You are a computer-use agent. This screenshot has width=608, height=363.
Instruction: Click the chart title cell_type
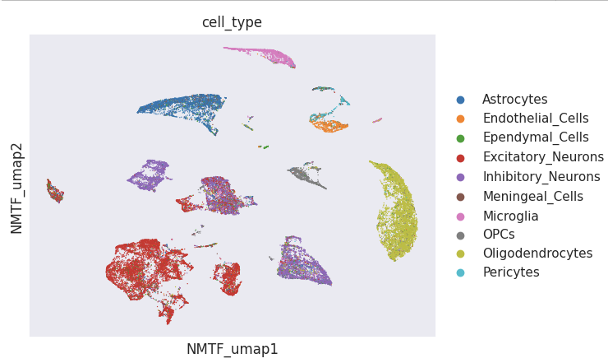[x=232, y=22]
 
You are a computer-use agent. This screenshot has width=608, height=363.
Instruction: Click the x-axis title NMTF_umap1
[x=232, y=349]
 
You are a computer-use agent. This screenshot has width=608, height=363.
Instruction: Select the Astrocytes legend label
[x=514, y=100]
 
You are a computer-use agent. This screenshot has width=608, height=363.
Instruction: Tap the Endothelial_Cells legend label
[x=536, y=119]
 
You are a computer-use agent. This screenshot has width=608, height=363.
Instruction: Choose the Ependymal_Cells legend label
[x=536, y=137]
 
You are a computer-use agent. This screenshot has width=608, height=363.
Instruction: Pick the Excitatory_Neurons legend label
[x=543, y=157]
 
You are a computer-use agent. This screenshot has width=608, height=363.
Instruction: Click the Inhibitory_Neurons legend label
[x=541, y=177]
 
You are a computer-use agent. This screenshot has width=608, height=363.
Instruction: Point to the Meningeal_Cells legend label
[x=533, y=197]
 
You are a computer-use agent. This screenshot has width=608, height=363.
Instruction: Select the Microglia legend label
[x=510, y=216]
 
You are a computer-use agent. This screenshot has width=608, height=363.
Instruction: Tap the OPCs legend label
[x=499, y=235]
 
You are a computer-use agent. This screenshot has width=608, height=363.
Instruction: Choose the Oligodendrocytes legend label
[x=537, y=254]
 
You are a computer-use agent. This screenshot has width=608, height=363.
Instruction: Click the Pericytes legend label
[x=511, y=272]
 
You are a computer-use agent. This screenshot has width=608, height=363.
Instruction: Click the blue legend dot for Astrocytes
[x=460, y=100]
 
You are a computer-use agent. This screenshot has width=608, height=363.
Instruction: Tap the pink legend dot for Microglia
[x=460, y=216]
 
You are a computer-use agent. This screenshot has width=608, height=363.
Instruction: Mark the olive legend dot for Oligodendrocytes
[x=460, y=254]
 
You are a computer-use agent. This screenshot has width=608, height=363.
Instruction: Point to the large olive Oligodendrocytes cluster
[x=397, y=214]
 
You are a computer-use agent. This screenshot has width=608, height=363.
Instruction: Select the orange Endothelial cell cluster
[x=330, y=126]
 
